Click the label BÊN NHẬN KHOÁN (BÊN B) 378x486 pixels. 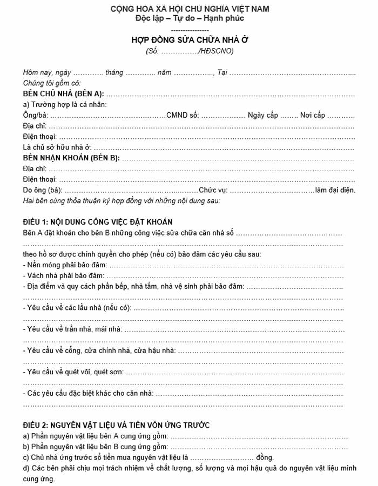pos(71,158)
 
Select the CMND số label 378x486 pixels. pos(183,116)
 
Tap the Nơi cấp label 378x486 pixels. pos(313,116)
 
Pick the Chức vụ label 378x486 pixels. pos(213,190)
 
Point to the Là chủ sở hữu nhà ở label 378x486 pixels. pos(57,147)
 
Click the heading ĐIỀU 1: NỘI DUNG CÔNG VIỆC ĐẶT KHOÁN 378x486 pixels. pos(98,222)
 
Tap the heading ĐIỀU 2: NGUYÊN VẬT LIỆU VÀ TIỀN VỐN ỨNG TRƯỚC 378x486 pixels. pos(116,424)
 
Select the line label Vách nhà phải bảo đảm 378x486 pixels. pos(64,275)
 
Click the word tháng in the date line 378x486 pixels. pos(114,73)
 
